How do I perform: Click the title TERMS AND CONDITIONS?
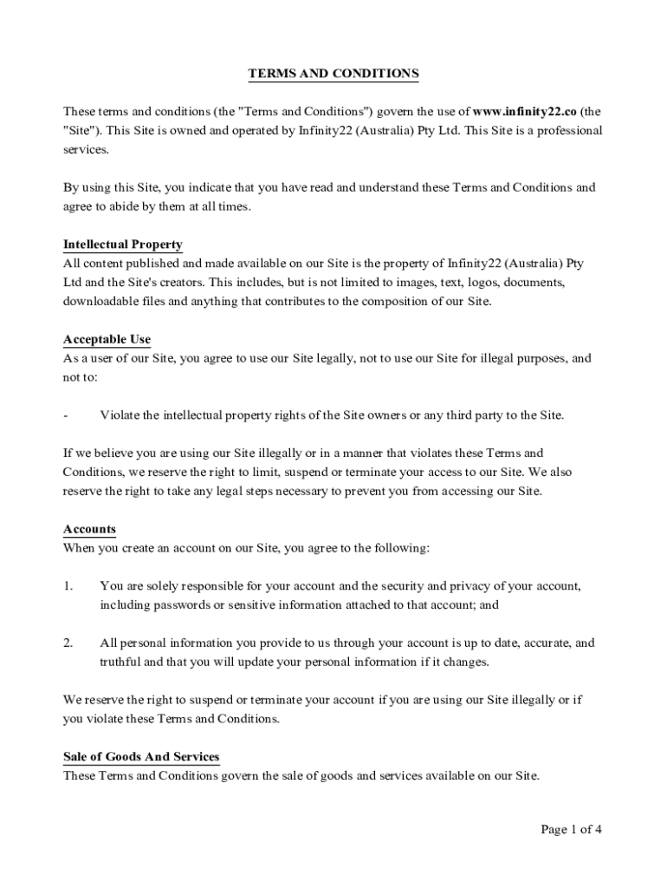333,74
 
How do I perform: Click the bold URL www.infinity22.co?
525,112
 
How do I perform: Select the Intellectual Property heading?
123,245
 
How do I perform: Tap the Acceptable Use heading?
107,339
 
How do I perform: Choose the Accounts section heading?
89,529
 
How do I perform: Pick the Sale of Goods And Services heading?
141,757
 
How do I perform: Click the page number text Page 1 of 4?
571,829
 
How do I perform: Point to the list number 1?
68,587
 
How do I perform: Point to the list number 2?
68,643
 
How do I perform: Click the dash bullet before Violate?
66,415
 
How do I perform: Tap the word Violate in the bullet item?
119,415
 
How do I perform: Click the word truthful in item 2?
119,663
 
